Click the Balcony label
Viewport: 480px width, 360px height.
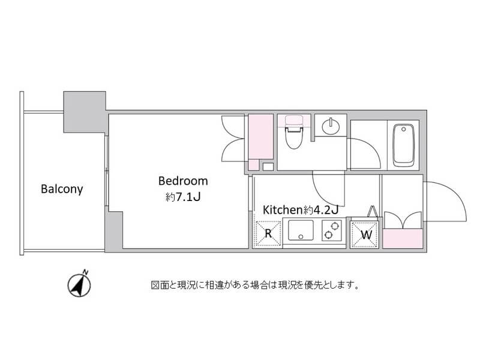pos(62,189)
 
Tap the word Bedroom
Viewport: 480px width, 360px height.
pos(183,181)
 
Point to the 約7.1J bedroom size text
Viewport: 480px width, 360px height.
pos(183,197)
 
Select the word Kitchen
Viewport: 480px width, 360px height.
pos(283,210)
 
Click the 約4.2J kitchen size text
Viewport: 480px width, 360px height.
pos(321,210)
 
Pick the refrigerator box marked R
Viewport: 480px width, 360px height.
pos(268,233)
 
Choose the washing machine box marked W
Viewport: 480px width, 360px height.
pos(364,235)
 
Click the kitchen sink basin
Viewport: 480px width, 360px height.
pos(301,230)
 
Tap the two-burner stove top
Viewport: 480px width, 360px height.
pos(332,230)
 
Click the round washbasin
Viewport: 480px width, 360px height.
pos(331,125)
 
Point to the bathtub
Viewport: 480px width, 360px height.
pos(403,145)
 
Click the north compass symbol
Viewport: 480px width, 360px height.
pos(79,284)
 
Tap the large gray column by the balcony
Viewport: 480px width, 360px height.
pos(85,112)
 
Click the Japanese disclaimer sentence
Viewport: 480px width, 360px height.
pos(254,286)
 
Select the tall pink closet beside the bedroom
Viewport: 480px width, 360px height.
pos(260,137)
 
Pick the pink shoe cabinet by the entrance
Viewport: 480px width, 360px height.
pos(403,239)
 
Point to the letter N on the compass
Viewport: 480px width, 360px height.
pos(86,272)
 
